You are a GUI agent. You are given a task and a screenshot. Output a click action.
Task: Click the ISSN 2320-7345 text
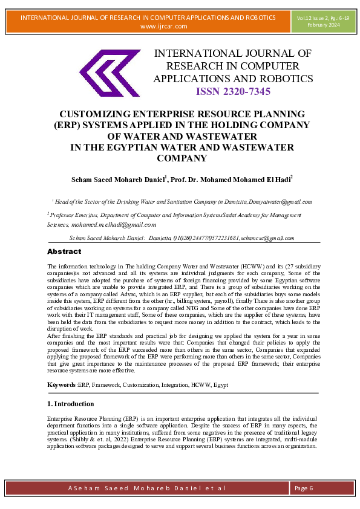[233, 92]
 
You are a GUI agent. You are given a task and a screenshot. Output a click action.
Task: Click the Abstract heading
[64, 251]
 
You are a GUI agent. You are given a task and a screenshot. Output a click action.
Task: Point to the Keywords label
[62, 384]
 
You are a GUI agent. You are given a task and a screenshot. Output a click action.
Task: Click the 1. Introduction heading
[70, 403]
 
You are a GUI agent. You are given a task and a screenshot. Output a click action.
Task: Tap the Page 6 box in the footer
[304, 488]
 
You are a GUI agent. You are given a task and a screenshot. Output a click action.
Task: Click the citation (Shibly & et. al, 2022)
[88, 440]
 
